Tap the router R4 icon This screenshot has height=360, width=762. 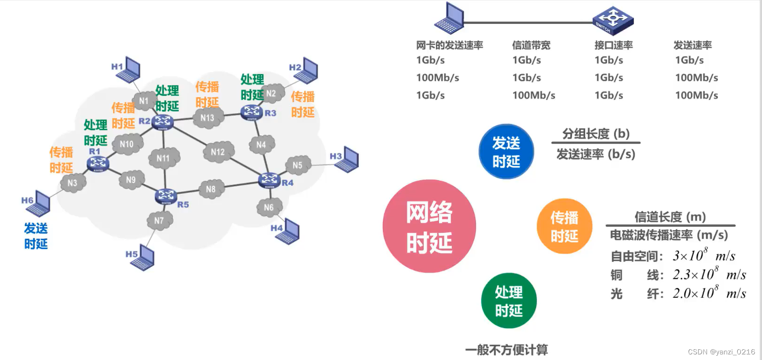[x=270, y=180]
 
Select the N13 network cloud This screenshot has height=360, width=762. [x=207, y=118]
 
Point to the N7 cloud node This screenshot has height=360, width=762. [x=159, y=220]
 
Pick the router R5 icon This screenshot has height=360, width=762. [x=166, y=196]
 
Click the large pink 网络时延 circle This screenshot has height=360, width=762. [x=429, y=226]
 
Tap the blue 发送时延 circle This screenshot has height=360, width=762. [x=506, y=152]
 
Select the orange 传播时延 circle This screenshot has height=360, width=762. [x=564, y=227]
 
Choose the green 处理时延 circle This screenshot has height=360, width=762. [x=509, y=301]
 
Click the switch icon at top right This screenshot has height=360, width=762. [x=613, y=21]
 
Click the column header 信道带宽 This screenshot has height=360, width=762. [x=531, y=45]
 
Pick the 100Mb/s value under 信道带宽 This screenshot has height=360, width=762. [x=534, y=96]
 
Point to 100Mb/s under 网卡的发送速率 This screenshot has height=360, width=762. [x=438, y=78]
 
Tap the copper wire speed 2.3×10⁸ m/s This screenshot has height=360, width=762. [x=709, y=274]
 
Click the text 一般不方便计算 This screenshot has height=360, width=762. [x=506, y=350]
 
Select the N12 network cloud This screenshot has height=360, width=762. [x=218, y=152]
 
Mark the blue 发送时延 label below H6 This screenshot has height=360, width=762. [x=36, y=236]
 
